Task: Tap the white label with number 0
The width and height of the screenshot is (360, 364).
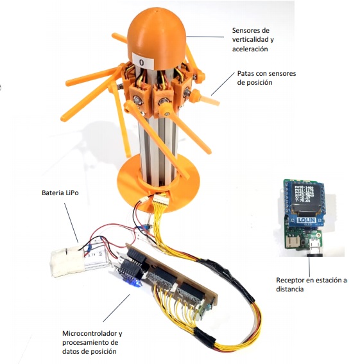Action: [142, 61]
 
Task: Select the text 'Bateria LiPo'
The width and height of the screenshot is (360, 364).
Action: [60, 193]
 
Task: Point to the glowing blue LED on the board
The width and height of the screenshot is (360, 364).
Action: [133, 282]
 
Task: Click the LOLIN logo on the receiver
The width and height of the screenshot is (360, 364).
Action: [306, 220]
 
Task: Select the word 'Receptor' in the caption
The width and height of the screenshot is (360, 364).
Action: [290, 280]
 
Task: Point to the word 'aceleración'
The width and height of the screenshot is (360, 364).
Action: [250, 49]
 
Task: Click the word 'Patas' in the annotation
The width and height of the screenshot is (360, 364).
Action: [245, 74]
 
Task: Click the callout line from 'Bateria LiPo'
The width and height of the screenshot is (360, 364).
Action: [71, 223]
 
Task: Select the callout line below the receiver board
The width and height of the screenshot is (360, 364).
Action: [309, 266]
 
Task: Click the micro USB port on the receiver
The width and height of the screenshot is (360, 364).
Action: [315, 245]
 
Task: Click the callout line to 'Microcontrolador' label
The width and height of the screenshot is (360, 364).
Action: [117, 308]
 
